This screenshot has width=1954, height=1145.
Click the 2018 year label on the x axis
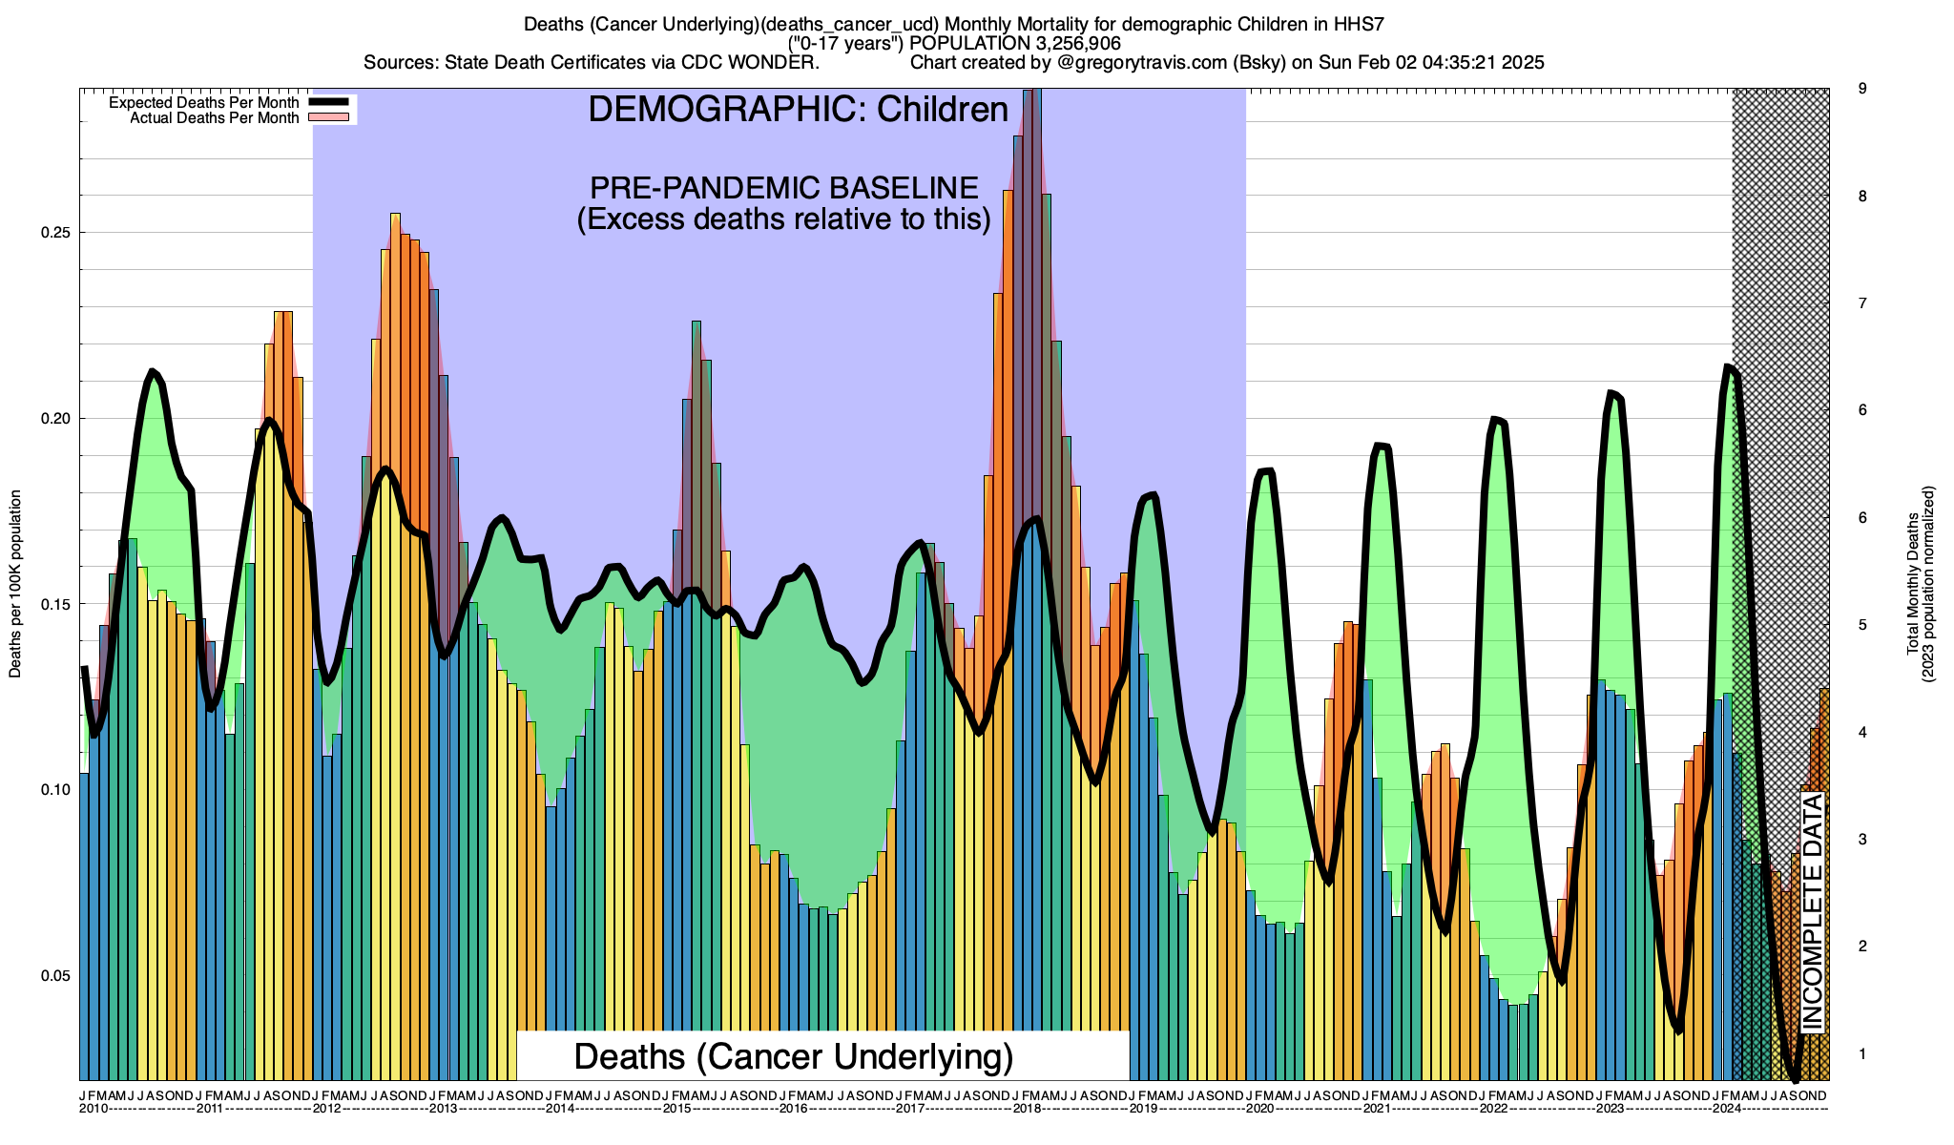(1027, 1109)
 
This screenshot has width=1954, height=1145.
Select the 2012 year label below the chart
(327, 1109)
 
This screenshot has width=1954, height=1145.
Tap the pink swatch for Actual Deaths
(331, 118)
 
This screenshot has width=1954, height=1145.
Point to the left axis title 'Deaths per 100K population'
(15, 584)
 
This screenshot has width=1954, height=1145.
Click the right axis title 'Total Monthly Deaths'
(1912, 584)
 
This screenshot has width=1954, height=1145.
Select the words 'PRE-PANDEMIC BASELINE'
(783, 187)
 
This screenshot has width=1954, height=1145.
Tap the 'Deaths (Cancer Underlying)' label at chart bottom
(793, 1056)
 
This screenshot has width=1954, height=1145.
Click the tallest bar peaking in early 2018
(1032, 572)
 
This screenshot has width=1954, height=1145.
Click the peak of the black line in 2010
(153, 371)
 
